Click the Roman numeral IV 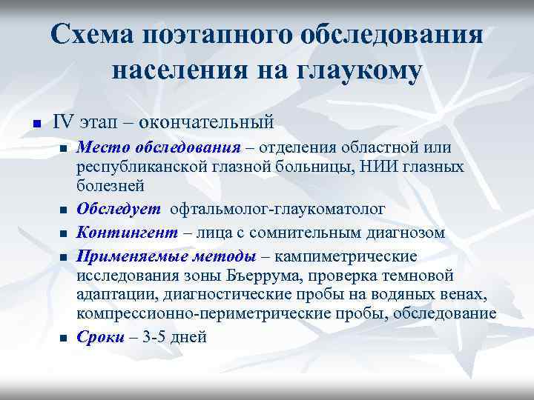coord(62,120)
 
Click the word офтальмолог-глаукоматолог coord(278,210)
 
